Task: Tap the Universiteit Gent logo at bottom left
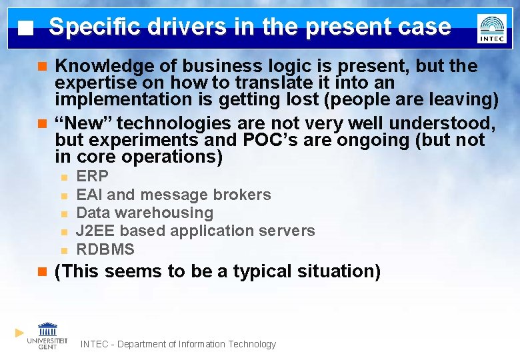[x=47, y=335]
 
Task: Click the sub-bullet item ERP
[x=92, y=177]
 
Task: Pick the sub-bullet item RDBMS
[x=105, y=249]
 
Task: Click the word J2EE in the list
[x=96, y=231]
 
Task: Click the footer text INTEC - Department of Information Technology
[x=178, y=344]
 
